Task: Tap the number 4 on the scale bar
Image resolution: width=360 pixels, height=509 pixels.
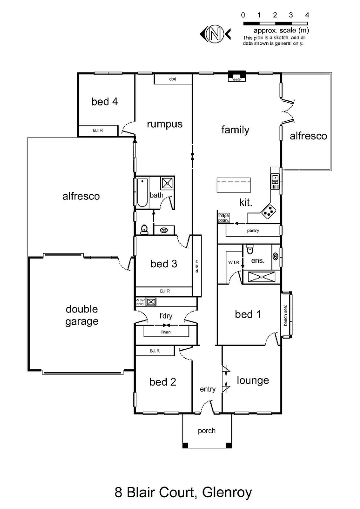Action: (x=307, y=15)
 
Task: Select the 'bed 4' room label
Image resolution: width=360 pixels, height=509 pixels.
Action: (x=104, y=101)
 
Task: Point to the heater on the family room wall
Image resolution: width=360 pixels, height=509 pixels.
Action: (x=237, y=76)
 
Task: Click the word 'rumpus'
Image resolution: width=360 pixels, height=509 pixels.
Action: (x=164, y=124)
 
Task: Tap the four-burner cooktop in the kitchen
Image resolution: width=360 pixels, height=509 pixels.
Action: (x=270, y=211)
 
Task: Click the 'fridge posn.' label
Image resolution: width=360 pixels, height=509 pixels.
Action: (x=223, y=218)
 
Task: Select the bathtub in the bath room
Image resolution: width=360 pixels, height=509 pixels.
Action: (x=142, y=193)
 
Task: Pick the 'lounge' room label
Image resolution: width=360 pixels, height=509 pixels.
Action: (x=253, y=380)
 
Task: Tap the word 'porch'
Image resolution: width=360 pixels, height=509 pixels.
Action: (x=207, y=430)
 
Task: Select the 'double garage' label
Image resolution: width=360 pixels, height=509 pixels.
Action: (x=82, y=315)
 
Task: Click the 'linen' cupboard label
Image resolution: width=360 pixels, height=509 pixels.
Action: (x=165, y=332)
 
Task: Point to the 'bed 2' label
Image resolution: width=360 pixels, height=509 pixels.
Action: (x=163, y=382)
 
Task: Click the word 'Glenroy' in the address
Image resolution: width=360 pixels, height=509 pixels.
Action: (x=227, y=493)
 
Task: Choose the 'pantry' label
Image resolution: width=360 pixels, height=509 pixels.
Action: (x=253, y=231)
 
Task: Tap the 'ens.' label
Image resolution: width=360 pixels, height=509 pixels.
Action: (x=258, y=260)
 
